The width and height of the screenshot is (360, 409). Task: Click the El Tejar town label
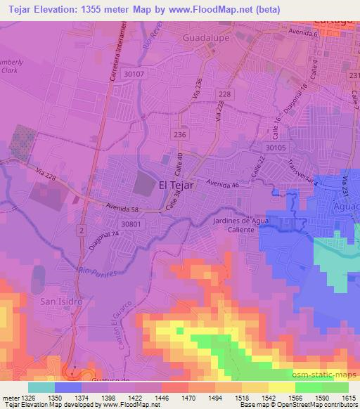pos(176,185)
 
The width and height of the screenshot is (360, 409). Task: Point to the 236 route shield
pos(179,134)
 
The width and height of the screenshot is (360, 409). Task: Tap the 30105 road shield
pos(276,148)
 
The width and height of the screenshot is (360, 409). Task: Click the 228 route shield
pos(224,95)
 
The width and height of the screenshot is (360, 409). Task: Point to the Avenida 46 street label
pos(223,185)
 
